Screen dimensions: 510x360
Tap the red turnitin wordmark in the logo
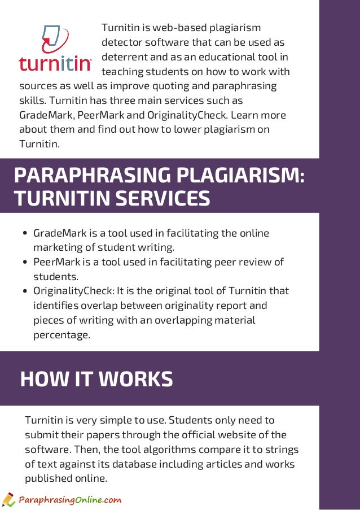55,63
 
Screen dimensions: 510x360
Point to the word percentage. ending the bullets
62,335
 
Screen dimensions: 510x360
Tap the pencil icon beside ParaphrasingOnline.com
8,499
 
